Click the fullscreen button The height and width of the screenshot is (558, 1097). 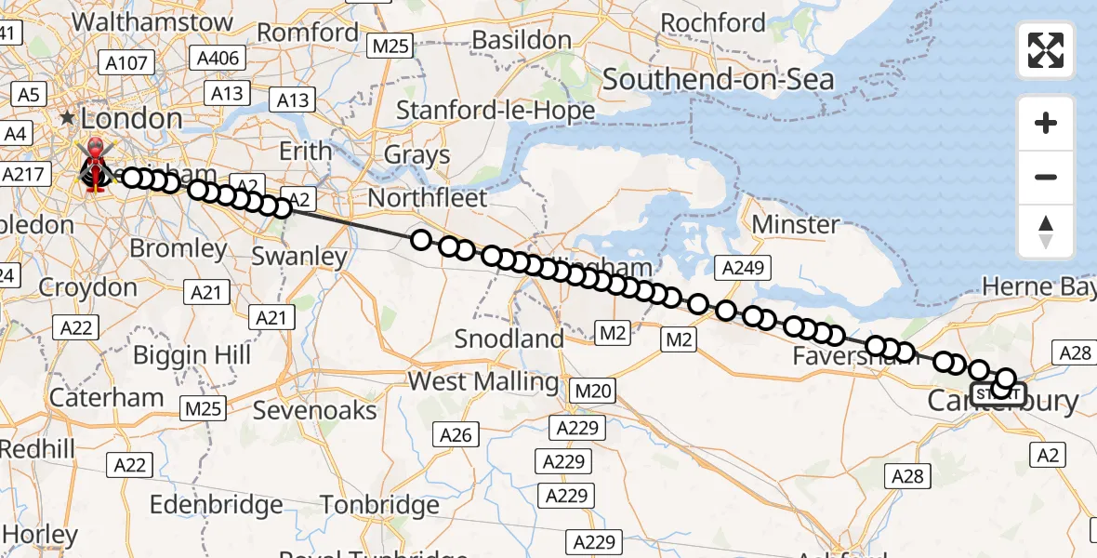1046,50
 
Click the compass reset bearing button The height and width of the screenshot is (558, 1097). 1046,232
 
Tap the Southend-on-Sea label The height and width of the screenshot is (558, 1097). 718,80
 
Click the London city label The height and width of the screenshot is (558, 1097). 131,118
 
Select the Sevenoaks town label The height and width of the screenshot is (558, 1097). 315,410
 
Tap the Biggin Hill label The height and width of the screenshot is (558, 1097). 192,354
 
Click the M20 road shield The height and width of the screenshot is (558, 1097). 592,392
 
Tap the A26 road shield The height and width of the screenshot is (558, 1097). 456,434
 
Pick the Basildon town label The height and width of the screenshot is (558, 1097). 522,40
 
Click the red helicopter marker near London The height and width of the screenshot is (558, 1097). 95,167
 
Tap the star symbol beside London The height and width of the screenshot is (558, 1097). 67,119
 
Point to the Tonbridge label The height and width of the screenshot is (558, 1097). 378,506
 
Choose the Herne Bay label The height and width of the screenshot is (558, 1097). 1039,287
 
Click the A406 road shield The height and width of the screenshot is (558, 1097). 218,59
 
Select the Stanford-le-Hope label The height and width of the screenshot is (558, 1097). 496,112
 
